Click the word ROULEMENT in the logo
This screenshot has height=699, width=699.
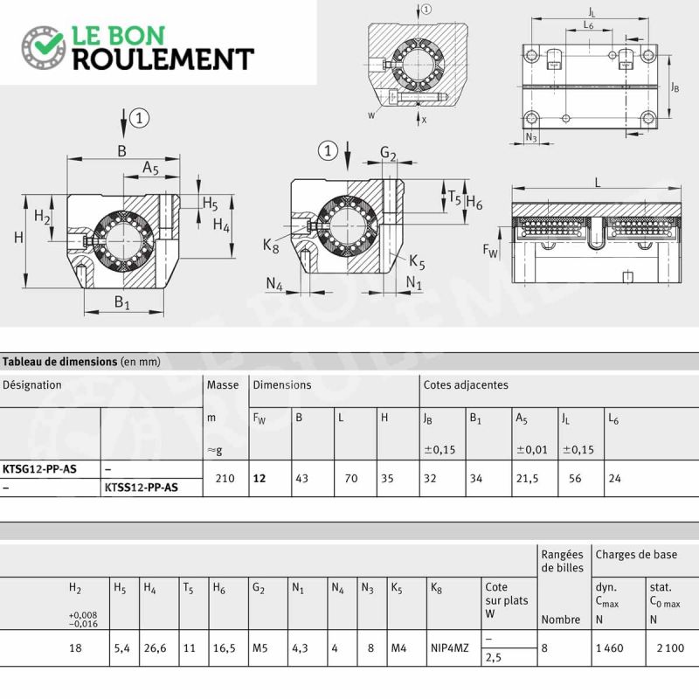(x=163, y=59)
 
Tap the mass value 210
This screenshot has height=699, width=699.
(x=225, y=478)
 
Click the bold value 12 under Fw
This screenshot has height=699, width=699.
(x=260, y=478)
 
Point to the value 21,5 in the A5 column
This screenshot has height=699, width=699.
(x=528, y=478)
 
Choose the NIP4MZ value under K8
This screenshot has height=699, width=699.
(x=450, y=648)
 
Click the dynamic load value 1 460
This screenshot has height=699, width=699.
(x=610, y=648)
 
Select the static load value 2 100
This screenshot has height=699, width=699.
(x=670, y=648)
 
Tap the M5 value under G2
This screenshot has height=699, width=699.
(x=260, y=648)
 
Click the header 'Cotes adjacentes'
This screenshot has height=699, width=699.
(x=466, y=384)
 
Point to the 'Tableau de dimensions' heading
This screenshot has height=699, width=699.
(x=59, y=362)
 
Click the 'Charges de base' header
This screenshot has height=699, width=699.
(x=637, y=555)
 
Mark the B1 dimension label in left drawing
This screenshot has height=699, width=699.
(x=121, y=302)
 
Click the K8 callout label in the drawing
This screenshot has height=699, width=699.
(x=271, y=246)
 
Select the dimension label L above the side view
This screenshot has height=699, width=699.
(x=598, y=183)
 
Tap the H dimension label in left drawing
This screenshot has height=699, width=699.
(x=18, y=237)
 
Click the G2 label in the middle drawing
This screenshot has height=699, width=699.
(x=388, y=154)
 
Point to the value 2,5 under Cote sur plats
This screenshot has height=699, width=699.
(x=494, y=658)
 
